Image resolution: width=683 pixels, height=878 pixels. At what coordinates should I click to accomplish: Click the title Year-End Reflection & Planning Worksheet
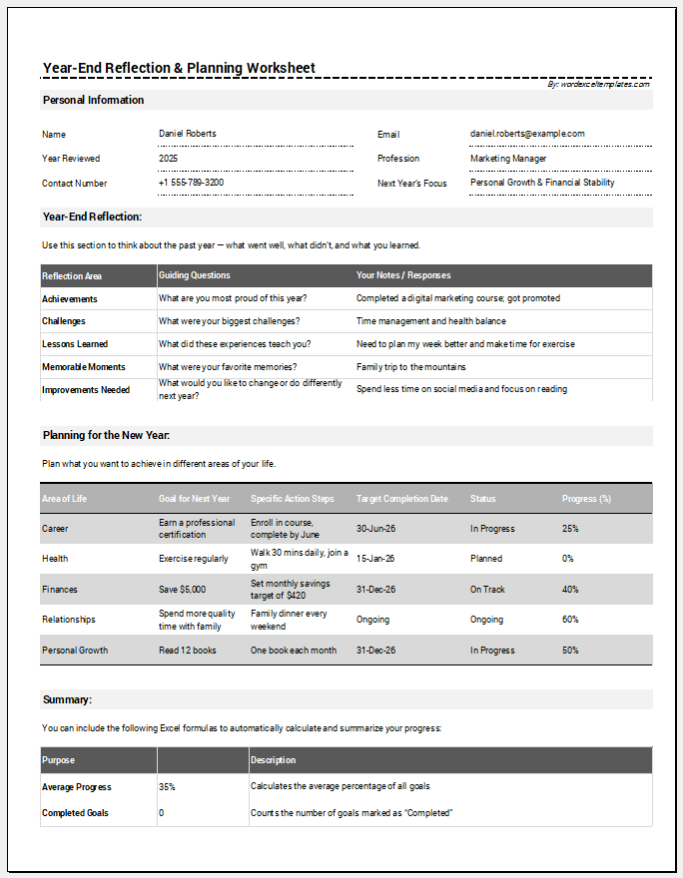click(179, 68)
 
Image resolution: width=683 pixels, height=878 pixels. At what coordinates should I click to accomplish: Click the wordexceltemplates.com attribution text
click(598, 84)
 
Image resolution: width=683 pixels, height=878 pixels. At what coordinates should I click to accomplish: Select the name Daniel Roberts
click(187, 134)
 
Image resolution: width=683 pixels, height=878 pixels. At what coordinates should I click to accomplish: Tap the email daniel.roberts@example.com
click(527, 134)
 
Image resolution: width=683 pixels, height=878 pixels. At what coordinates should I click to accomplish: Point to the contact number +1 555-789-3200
click(191, 183)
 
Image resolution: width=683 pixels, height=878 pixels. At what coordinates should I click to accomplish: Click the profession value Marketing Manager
click(508, 158)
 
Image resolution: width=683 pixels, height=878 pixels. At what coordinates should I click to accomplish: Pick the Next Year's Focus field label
click(411, 183)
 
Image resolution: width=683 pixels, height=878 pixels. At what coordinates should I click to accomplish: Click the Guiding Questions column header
click(194, 275)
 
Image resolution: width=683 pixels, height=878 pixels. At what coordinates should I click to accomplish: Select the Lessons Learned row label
click(77, 344)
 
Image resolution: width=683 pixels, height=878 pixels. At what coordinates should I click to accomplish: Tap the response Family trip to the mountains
click(410, 367)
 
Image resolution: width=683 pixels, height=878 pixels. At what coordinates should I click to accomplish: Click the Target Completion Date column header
click(401, 499)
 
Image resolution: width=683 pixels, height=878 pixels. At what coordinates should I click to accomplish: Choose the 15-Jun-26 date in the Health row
click(375, 559)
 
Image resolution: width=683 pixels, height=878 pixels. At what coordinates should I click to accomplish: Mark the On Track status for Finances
click(487, 590)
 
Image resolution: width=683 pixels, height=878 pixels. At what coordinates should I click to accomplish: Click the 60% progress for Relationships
click(570, 620)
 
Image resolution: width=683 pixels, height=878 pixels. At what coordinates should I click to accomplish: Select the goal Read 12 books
click(187, 651)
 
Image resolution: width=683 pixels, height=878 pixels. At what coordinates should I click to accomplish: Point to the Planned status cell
click(486, 559)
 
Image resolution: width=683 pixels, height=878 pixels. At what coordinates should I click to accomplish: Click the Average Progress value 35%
click(167, 786)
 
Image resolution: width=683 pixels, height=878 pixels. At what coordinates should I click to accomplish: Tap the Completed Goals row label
click(75, 813)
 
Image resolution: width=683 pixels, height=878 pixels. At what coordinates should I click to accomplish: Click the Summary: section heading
click(67, 699)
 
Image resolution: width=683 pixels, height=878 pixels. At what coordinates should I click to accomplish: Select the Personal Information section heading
click(93, 100)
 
